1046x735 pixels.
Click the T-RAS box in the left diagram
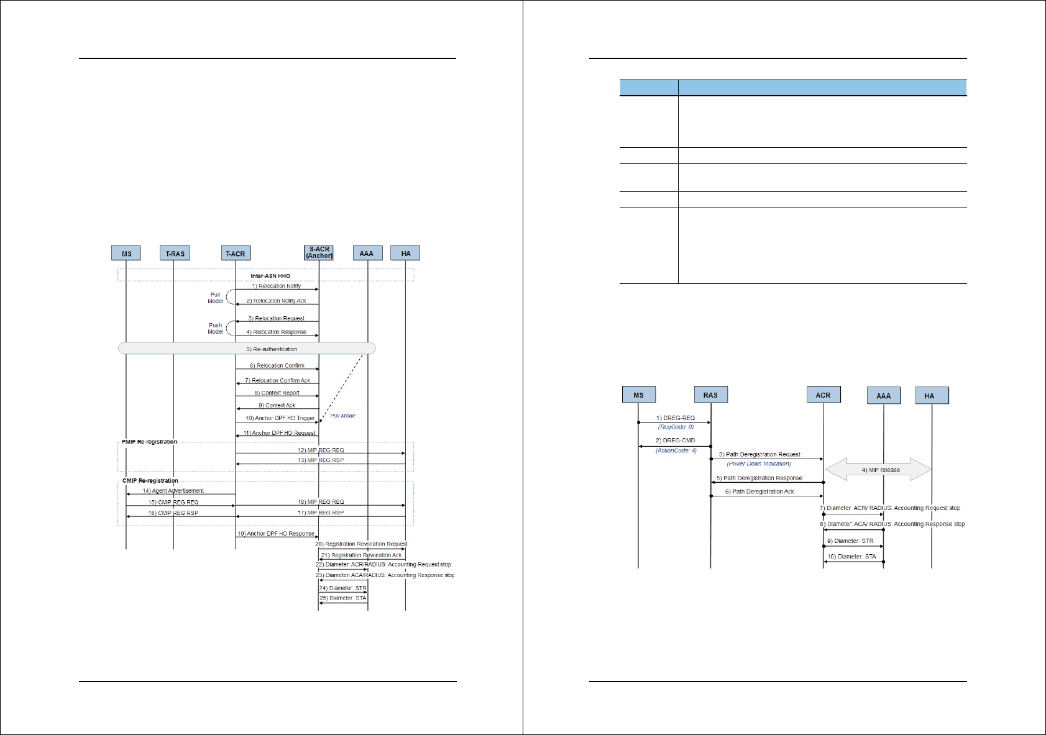point(175,253)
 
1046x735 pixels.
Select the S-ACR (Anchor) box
point(319,252)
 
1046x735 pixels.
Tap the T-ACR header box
point(236,253)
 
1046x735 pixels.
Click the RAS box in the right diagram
point(710,395)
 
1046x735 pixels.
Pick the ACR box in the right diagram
point(823,395)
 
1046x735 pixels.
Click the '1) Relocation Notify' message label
point(277,286)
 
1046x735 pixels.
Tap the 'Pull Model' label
point(215,298)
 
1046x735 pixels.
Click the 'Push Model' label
point(215,329)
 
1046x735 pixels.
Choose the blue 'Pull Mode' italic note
point(342,416)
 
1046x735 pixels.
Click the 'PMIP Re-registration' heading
point(149,442)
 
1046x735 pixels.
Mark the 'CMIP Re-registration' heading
point(150,481)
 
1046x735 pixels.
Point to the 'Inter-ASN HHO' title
point(270,276)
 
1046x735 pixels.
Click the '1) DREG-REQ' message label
point(676,418)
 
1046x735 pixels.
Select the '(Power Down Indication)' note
point(759,463)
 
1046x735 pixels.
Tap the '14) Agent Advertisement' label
point(173,491)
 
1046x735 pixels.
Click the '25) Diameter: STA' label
point(342,598)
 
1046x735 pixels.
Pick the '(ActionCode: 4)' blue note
point(676,450)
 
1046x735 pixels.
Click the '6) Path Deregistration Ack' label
point(759,491)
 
